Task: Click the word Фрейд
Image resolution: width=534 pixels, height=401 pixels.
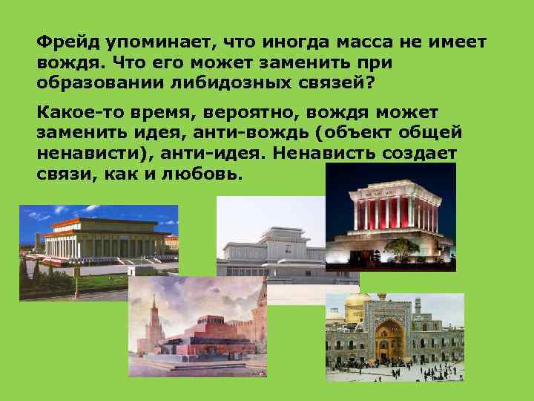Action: (x=64, y=43)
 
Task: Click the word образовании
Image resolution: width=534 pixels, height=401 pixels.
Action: (x=93, y=82)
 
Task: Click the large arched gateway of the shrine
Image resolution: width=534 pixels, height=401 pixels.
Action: (x=388, y=338)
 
